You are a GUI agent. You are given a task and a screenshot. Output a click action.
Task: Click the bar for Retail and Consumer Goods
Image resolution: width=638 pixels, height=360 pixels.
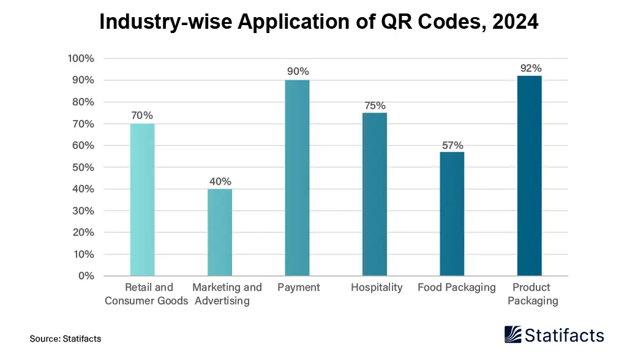142,200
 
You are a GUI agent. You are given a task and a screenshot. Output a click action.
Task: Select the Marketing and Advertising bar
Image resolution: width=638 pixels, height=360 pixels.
220,232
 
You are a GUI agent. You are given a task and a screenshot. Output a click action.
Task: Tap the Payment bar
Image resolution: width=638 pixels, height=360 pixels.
297,178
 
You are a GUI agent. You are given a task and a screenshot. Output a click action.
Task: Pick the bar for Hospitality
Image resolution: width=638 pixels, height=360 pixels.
374,194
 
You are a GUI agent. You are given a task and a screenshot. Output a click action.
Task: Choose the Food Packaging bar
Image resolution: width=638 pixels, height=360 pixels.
452,214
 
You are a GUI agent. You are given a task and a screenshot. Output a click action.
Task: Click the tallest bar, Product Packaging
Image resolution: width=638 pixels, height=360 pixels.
529,176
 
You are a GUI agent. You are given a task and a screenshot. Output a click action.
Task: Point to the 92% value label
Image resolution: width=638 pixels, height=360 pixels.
531,69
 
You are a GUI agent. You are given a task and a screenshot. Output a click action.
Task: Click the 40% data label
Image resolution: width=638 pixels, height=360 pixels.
220,182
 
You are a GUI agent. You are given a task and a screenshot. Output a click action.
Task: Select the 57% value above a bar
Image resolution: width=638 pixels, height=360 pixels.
452,145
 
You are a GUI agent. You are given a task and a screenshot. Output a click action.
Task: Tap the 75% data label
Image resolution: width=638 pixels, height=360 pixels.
375,106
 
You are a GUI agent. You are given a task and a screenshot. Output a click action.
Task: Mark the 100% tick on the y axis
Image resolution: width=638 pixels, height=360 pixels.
81,59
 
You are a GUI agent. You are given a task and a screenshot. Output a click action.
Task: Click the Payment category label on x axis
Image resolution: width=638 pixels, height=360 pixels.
298,287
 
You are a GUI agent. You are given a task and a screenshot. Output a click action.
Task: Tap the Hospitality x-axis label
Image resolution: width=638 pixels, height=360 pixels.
377,287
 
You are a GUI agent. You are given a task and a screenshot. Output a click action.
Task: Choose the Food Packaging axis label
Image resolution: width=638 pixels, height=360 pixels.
456,287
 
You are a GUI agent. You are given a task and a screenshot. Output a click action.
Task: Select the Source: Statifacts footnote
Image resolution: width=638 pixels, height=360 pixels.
65,339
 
